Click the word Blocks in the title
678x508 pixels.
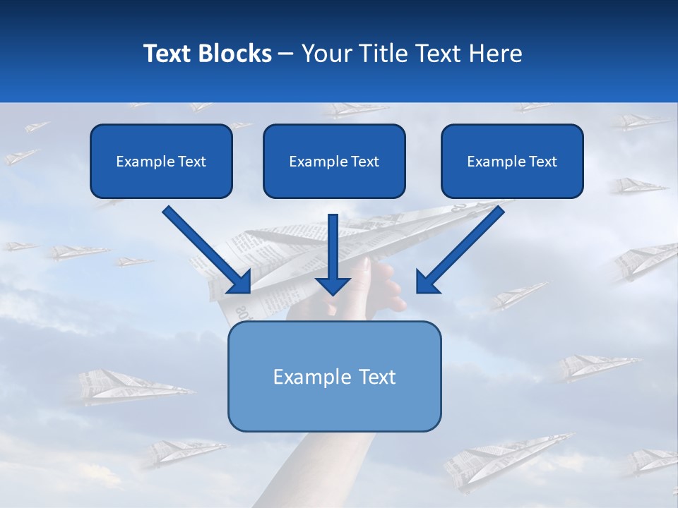pos(236,54)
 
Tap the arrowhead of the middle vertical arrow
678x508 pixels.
pos(333,285)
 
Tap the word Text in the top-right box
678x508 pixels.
pos(543,162)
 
